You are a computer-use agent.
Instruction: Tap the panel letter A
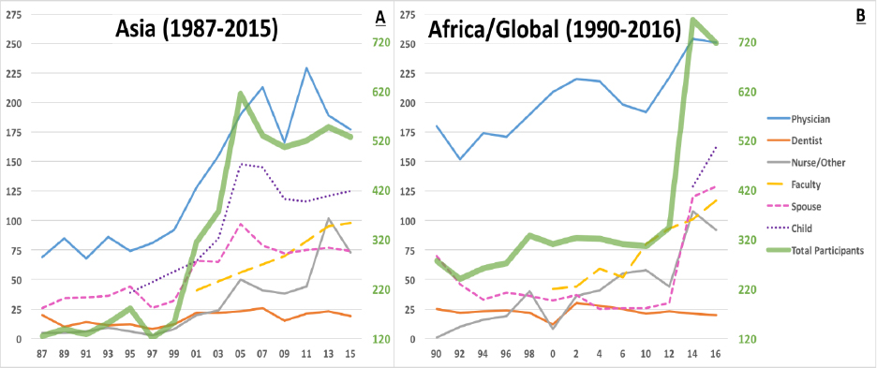[380, 18]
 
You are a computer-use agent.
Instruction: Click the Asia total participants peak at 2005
[241, 94]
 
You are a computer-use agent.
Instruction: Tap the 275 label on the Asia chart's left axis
[14, 15]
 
